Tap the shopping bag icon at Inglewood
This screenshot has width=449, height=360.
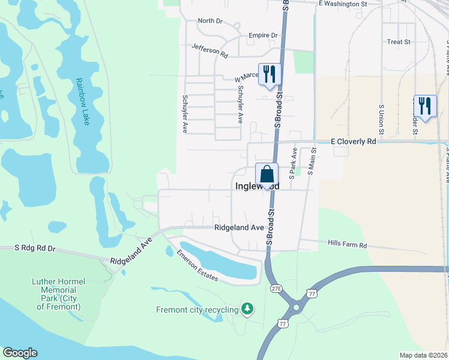(267, 175)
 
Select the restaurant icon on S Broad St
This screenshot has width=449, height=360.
(270, 74)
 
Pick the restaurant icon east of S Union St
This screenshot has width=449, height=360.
(425, 106)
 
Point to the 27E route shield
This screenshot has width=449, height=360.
(276, 288)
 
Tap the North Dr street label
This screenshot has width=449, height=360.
(210, 21)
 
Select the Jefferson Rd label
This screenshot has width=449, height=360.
(210, 50)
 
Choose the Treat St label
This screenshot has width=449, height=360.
(399, 42)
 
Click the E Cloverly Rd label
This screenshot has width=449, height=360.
(354, 142)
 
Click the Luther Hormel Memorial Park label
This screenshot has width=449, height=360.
(58, 294)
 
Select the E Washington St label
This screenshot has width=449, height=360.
(343, 4)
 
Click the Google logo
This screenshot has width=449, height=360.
(20, 353)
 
